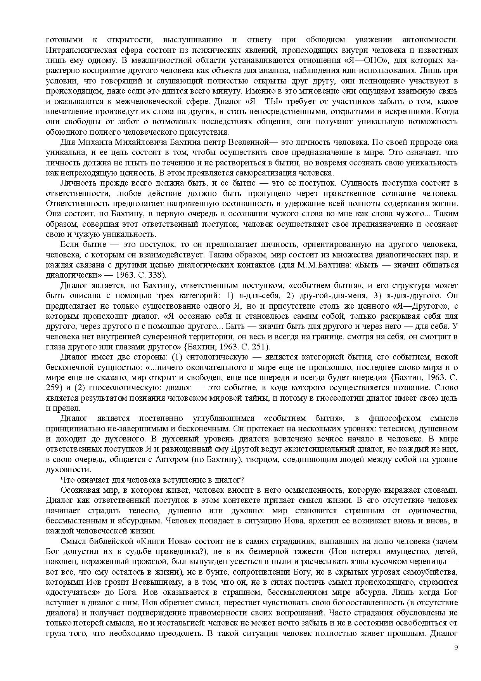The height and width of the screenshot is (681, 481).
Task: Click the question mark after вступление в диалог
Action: (x=242, y=480)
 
